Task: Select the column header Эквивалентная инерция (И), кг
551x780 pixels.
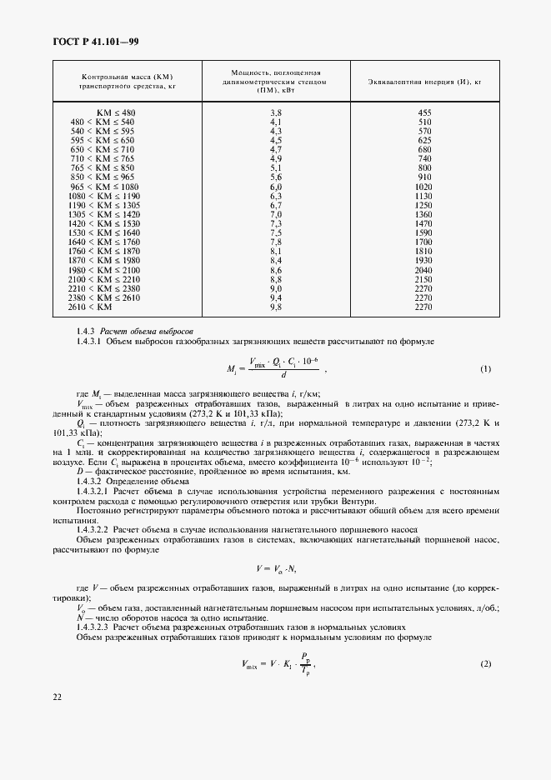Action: pos(424,81)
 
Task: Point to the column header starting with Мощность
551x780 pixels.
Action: pos(274,81)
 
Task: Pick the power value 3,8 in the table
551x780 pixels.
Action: pos(277,112)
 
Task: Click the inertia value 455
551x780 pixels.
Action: pos(424,112)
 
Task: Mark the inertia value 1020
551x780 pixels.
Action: pos(424,187)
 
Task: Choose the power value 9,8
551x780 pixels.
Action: pos(277,307)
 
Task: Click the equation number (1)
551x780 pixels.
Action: pos(485,368)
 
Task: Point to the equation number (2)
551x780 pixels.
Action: pos(485,662)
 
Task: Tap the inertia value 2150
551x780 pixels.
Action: pos(424,280)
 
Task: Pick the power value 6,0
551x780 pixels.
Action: pos(277,187)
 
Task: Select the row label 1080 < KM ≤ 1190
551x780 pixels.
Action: pos(105,196)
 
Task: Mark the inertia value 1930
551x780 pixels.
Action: pos(424,261)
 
